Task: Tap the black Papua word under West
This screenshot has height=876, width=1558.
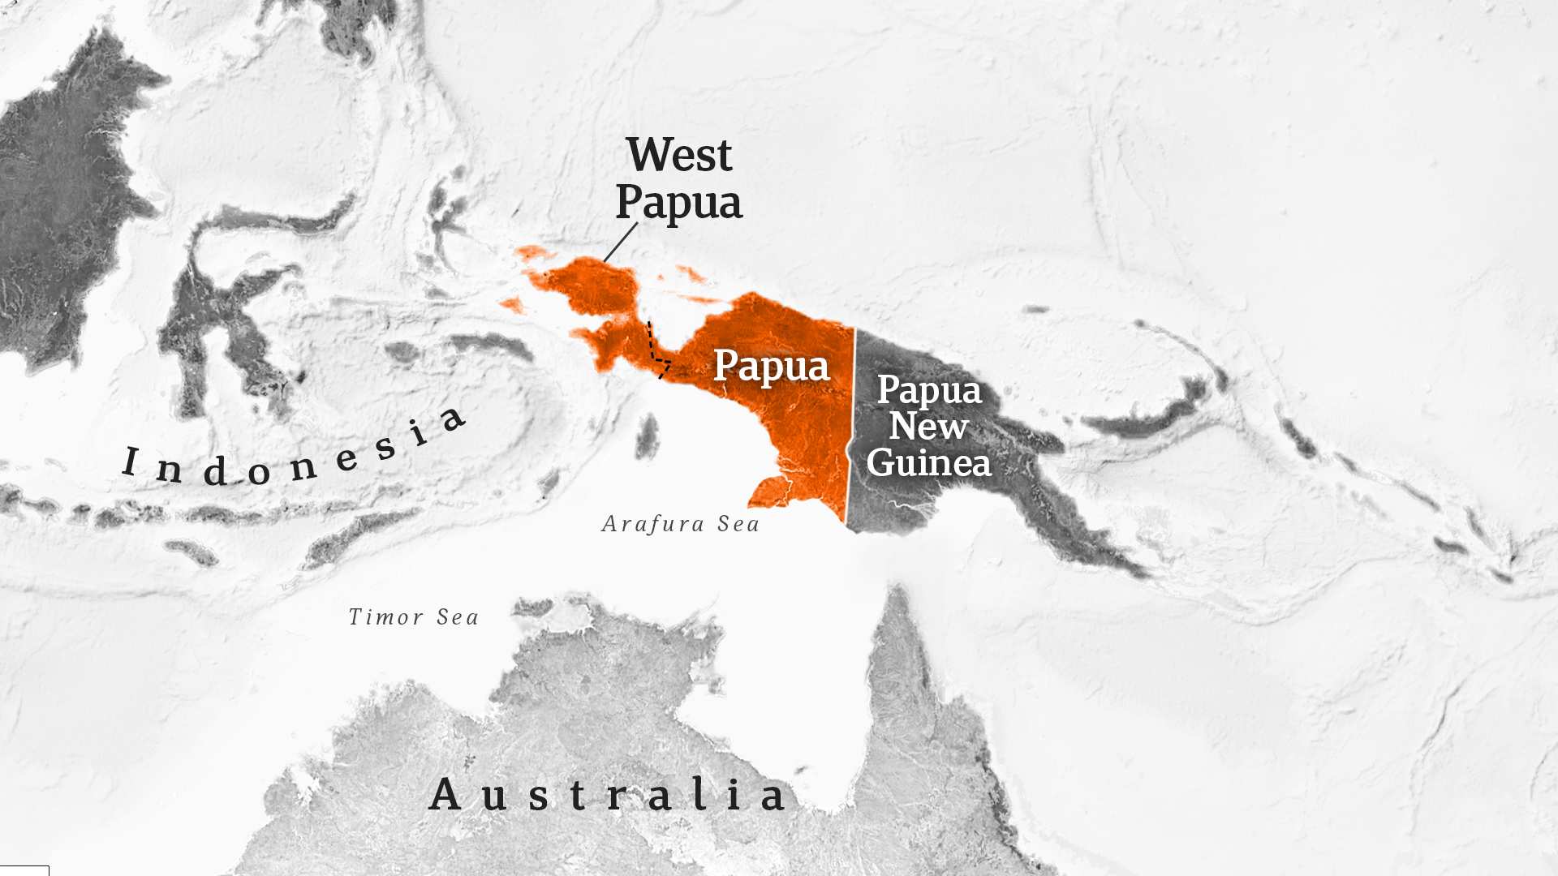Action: pos(678,203)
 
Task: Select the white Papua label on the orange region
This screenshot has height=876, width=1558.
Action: pos(771,366)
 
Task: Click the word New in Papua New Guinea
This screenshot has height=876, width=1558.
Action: pos(929,426)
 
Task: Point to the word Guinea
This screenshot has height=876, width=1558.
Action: pos(929,462)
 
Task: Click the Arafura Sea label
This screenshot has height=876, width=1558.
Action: pos(680,524)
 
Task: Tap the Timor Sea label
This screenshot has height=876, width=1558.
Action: pos(413,617)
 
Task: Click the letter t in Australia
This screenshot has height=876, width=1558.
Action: pos(578,796)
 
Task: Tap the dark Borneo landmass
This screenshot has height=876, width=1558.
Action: pos(65,203)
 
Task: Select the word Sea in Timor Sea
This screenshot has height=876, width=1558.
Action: pos(458,617)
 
